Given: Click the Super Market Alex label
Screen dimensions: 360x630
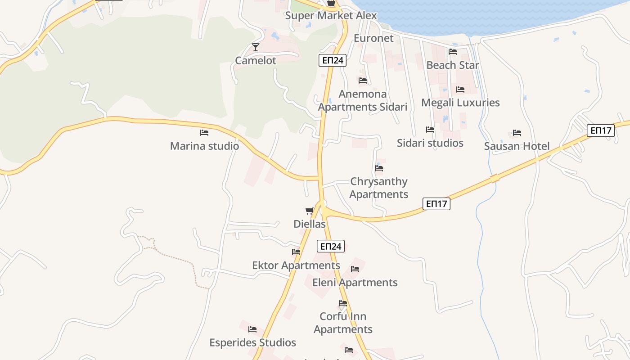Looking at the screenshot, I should coord(331,15).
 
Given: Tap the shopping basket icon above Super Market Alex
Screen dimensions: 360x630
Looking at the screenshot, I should coord(331,3).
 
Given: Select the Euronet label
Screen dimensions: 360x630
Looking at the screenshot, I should coord(373,38).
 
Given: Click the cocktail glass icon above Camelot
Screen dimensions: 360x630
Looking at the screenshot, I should coord(256,47).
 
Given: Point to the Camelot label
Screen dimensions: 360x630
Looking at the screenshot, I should coord(256,61).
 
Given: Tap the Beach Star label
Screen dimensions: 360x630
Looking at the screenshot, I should coord(453,65).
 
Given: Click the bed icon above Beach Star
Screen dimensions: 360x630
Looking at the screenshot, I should coord(453,52).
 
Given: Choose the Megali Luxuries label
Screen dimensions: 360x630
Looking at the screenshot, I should coord(460,103).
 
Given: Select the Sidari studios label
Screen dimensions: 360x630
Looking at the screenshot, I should coord(430,143).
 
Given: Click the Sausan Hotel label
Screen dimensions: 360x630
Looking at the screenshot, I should coord(517,146).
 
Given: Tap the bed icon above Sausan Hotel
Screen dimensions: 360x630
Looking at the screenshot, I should coord(517,133).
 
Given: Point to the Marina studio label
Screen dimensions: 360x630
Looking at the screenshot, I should coord(204,146).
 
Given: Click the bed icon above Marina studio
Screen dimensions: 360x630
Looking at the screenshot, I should coord(204,133).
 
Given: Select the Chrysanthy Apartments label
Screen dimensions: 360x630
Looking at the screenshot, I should coord(379,188).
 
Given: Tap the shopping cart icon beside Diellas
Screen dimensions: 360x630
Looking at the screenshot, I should coord(310,211).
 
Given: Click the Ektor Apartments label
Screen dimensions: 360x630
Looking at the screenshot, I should coord(296,265).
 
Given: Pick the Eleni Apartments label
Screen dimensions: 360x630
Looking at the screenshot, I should coord(355,283).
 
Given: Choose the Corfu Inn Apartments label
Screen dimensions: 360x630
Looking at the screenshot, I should coord(343,323).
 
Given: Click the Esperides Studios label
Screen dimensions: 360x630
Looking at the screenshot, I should coord(252,343).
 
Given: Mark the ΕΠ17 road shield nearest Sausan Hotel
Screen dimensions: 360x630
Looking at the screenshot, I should coord(601,130).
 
